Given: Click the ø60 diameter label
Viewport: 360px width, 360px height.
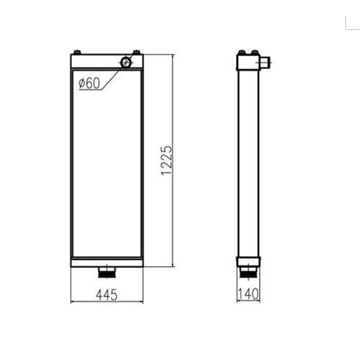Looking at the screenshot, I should [89, 83].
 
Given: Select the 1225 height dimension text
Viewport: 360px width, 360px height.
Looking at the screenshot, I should [166, 160].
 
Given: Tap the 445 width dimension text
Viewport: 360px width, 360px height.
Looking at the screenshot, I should [107, 295].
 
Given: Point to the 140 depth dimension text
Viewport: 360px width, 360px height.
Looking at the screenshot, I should [248, 295].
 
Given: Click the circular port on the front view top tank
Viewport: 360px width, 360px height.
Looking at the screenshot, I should [126, 62].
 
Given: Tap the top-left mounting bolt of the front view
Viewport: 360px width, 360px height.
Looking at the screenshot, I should [77, 52].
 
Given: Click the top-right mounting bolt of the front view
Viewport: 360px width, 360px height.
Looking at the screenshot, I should [136, 52].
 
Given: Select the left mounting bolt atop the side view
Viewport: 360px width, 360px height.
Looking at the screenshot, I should [241, 52].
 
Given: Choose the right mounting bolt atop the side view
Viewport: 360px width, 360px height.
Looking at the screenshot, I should [254, 52].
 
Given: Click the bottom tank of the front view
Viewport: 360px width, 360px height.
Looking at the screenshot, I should [107, 262].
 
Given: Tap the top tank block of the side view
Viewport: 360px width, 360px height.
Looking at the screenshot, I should [248, 62].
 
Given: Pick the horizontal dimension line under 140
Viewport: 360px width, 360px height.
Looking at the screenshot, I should [248, 301].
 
